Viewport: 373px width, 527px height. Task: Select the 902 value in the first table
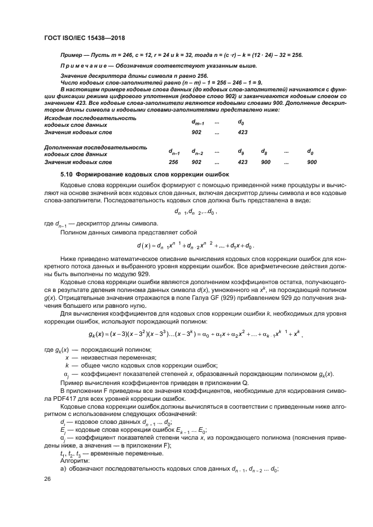(x=196, y=132)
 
